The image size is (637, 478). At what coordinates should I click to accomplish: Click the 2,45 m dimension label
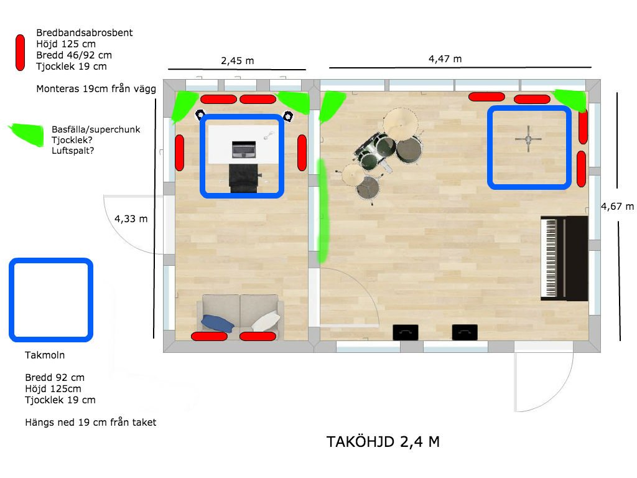(x=237, y=61)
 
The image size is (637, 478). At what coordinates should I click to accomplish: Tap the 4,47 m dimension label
(x=445, y=59)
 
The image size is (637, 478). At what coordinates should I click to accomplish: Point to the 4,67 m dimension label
(x=618, y=207)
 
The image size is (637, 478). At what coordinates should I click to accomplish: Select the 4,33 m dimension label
(x=131, y=218)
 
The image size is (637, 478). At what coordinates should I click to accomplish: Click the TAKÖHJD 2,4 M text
(x=383, y=442)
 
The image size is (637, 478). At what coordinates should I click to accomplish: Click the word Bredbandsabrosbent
(x=85, y=33)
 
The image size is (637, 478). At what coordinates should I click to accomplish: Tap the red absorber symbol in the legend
(x=20, y=52)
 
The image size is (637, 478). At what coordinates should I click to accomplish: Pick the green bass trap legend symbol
(x=26, y=134)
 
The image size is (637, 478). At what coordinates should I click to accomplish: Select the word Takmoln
(x=45, y=355)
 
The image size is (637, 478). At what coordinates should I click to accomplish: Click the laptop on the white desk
(x=244, y=149)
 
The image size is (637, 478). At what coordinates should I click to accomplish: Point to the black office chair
(x=244, y=178)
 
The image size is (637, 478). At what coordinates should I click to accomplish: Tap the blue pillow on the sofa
(x=217, y=324)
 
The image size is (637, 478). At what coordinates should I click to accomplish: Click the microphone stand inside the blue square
(x=528, y=139)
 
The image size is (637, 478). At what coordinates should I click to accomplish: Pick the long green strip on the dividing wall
(x=323, y=210)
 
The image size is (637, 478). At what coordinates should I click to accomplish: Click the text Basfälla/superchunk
(x=96, y=129)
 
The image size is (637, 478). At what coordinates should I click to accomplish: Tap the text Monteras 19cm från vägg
(x=96, y=88)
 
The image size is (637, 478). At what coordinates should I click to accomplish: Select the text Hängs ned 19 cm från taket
(x=91, y=423)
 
